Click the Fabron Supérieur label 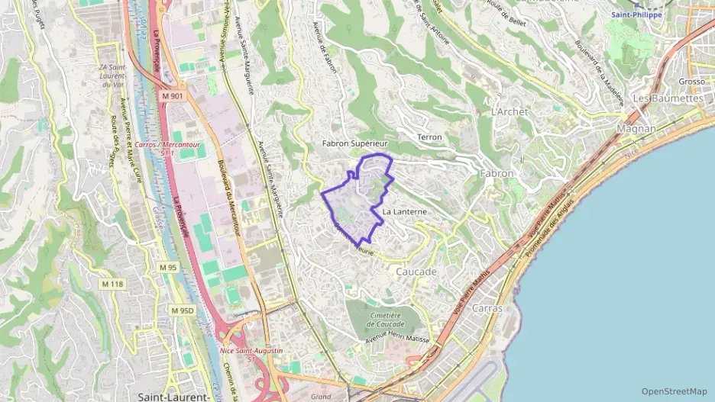click(x=354, y=143)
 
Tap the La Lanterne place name click(x=403, y=211)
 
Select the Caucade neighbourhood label click(x=416, y=272)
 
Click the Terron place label click(x=430, y=137)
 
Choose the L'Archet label click(x=510, y=111)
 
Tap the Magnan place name click(x=636, y=129)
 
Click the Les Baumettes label click(x=668, y=99)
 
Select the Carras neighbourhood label click(x=487, y=309)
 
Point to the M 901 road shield click(x=173, y=96)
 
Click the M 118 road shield click(x=112, y=285)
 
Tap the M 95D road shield click(x=183, y=310)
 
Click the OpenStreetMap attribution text click(x=674, y=391)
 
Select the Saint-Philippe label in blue click(x=636, y=14)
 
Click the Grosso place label click(x=691, y=82)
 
